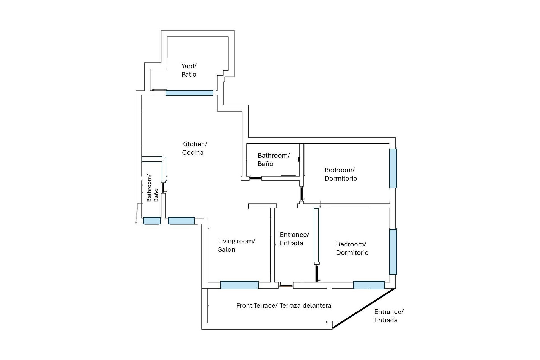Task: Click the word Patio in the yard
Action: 189,75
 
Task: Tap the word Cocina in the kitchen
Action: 193,153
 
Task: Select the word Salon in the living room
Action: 226,250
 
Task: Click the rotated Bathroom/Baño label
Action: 153,188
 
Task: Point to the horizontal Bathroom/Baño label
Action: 273,159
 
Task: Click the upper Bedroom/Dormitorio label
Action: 341,174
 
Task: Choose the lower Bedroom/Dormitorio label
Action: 352,248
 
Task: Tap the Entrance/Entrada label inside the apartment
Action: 294,239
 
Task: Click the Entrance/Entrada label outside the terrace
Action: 389,316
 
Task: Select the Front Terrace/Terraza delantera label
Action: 283,306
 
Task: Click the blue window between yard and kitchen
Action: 189,93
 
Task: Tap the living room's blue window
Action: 239,285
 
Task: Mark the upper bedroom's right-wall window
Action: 393,168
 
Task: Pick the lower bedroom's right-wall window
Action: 393,252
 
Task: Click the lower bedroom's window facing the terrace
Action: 369,285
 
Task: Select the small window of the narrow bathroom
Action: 152,221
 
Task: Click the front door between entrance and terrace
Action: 286,286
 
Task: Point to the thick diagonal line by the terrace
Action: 363,309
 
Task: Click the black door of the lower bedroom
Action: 317,273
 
